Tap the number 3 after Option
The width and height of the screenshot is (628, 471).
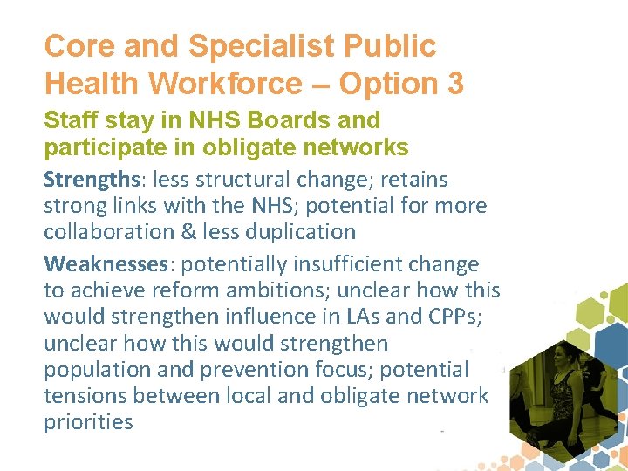click(453, 84)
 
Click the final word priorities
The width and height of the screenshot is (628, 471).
click(88, 422)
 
